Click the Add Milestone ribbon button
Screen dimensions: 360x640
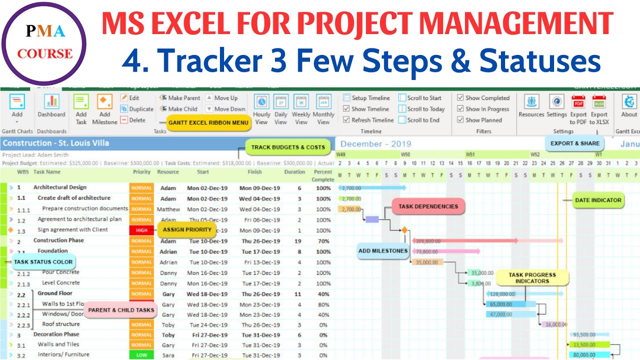click(105, 108)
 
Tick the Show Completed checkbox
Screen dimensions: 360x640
click(460, 98)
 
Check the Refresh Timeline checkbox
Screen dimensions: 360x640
click(346, 120)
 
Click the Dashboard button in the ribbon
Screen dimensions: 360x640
click(51, 106)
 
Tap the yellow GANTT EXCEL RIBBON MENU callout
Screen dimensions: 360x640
click(208, 122)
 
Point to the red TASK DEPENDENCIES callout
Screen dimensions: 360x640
click(428, 206)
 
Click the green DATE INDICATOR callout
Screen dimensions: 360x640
click(598, 200)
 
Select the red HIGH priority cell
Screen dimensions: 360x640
click(142, 230)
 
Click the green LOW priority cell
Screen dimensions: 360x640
click(142, 355)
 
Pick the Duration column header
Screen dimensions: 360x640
click(294, 172)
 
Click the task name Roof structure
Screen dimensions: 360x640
click(61, 324)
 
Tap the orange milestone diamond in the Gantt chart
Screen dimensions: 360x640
click(404, 230)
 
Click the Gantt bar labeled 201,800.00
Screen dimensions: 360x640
click(465, 241)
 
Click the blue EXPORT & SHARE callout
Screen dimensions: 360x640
click(575, 143)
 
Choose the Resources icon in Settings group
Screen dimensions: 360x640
click(531, 106)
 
